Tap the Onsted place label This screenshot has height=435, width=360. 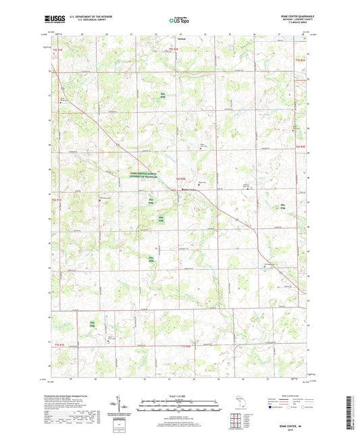[172, 40]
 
